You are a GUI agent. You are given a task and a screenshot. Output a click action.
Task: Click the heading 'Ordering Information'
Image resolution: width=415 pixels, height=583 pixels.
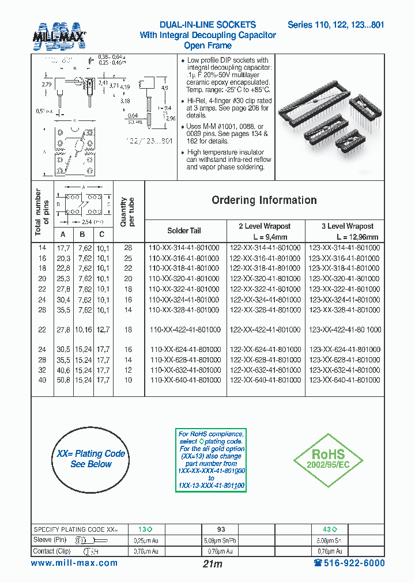coord(264,200)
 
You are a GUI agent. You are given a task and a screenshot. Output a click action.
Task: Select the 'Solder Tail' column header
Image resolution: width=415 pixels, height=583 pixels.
coord(184,230)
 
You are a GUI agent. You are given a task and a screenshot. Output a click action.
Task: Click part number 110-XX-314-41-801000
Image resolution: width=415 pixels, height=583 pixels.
coord(184,247)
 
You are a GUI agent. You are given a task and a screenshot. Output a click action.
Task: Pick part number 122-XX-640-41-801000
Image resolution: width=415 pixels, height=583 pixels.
coord(266,380)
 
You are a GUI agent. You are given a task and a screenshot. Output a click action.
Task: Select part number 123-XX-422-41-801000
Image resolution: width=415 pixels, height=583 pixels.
coord(345,330)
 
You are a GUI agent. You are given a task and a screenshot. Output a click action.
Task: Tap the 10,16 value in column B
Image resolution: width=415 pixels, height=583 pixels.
coord(82,330)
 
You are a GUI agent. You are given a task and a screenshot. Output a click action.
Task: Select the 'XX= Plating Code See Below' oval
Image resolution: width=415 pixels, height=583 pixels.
coord(91,459)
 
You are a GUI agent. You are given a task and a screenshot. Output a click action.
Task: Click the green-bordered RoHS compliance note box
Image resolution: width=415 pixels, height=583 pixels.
coord(211,459)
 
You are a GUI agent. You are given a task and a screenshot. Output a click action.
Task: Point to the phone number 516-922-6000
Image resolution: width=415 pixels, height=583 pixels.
coord(349,563)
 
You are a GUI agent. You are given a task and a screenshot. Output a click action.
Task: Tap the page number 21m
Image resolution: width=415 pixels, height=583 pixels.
coord(213,564)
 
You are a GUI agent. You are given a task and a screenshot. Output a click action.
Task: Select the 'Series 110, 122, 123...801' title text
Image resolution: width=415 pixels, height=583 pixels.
coord(336,25)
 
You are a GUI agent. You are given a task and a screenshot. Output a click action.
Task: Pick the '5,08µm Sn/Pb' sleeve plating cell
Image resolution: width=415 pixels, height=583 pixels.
coord(221,540)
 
